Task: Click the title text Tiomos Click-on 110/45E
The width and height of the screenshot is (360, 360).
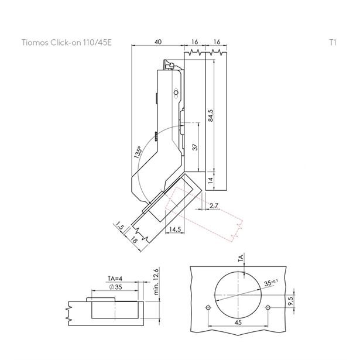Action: point(66,43)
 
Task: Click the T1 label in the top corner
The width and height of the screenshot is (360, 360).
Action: point(332,43)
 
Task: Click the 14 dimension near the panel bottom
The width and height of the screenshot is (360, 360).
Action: point(211,177)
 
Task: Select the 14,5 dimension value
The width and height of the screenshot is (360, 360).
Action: point(174,229)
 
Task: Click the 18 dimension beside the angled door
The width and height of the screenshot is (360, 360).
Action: point(134,241)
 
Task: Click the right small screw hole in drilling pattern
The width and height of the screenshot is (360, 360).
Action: point(268,307)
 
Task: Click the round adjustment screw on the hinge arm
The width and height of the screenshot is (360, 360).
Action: point(175,93)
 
